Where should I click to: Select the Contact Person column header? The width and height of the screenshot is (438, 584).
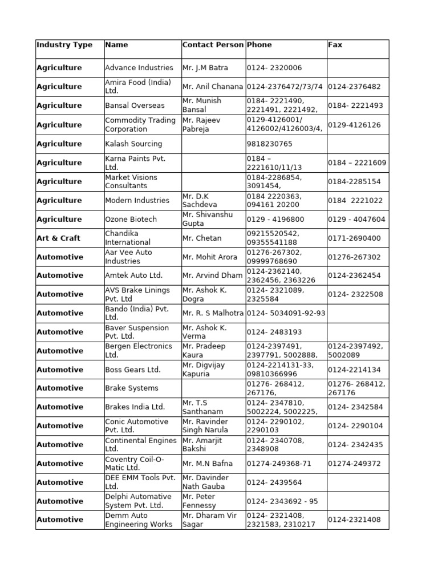click(213, 44)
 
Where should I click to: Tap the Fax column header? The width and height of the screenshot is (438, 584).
click(335, 44)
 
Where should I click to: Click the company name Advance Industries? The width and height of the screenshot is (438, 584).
click(139, 68)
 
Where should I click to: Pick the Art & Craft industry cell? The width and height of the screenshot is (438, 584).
click(58, 238)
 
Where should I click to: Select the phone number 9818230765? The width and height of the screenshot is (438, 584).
click(270, 144)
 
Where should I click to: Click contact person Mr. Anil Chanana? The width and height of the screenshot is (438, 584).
click(213, 87)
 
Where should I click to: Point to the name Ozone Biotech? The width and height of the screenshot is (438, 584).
click(131, 219)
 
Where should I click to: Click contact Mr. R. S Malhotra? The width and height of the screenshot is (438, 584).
click(213, 313)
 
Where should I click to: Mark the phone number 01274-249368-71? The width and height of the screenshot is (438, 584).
click(279, 464)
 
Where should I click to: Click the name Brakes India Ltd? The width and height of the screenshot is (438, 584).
click(135, 407)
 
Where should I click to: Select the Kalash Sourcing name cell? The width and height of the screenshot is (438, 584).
click(133, 144)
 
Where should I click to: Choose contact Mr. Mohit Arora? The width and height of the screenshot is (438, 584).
click(209, 257)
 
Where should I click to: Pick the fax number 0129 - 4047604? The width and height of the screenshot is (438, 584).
click(356, 219)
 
